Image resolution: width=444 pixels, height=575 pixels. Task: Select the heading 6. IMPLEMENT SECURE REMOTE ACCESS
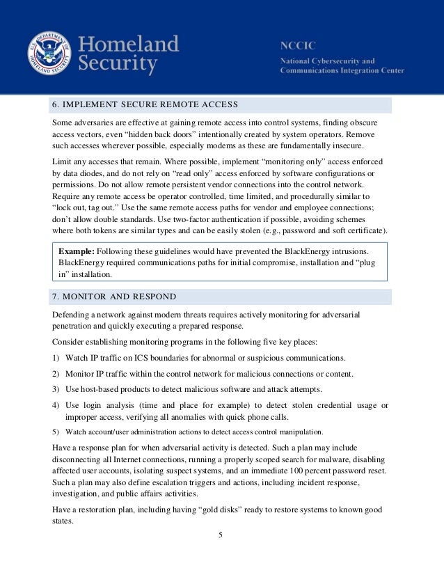[x=145, y=105]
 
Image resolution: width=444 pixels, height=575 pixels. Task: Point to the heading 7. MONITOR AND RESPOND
[x=114, y=297]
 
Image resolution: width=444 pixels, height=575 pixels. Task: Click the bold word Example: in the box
[x=77, y=249]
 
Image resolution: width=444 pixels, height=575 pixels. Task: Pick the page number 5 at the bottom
[x=221, y=535]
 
